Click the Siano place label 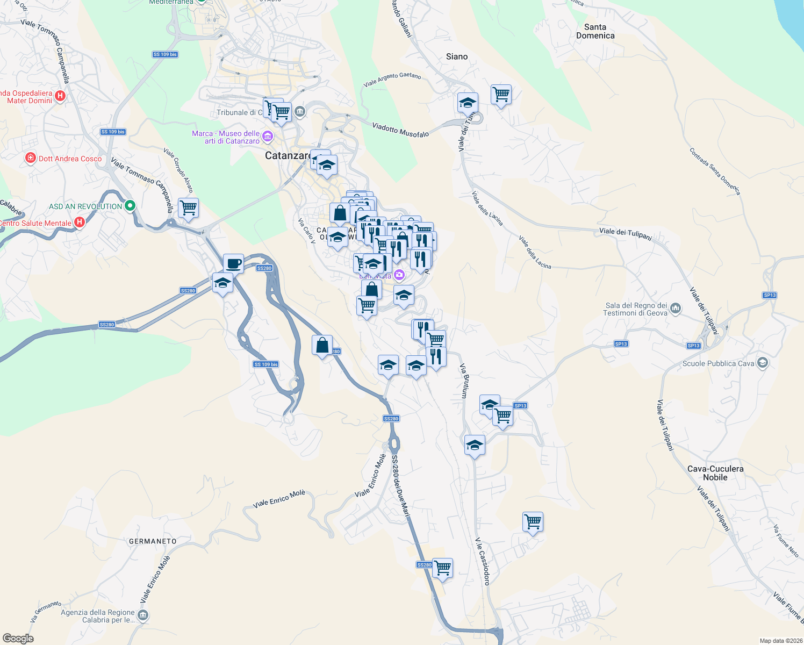(x=457, y=56)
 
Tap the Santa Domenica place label (x=595, y=31)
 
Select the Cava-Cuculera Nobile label (x=715, y=473)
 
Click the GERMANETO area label (x=153, y=541)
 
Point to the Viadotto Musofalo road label (x=400, y=130)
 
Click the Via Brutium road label (x=463, y=381)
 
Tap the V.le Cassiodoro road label (x=482, y=561)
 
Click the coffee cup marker (x=233, y=263)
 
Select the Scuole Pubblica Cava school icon (x=762, y=363)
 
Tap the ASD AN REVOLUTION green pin (x=130, y=206)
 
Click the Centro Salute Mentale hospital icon (x=80, y=222)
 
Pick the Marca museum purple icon (x=268, y=136)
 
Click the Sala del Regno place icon (x=676, y=309)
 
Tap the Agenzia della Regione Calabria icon (x=142, y=615)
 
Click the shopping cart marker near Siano (x=501, y=95)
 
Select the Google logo (x=18, y=639)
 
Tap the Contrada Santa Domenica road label (x=715, y=171)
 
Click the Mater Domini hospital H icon (x=60, y=96)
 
